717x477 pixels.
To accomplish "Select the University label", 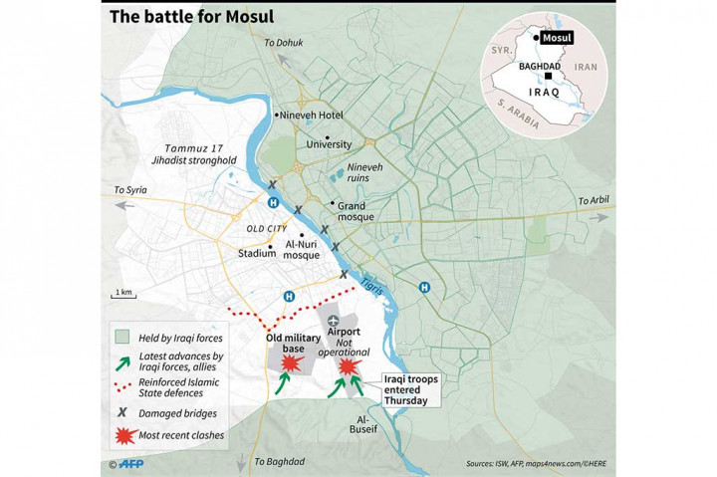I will click(329, 143).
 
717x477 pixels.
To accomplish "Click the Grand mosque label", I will click(355, 210).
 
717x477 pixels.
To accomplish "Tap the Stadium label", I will click(256, 253).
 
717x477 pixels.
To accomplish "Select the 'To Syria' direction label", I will click(130, 189).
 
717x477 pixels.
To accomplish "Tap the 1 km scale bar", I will click(122, 296).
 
